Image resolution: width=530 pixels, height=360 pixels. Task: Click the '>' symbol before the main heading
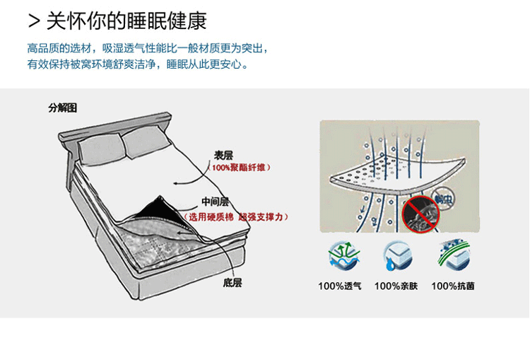click(33, 21)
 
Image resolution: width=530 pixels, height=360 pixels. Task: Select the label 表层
click(224, 156)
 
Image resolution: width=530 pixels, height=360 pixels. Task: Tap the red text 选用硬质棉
click(210, 216)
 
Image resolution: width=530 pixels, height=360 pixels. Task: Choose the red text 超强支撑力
click(263, 216)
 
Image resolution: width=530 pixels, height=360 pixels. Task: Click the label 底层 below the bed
click(232, 282)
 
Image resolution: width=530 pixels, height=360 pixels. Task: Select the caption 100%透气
click(340, 286)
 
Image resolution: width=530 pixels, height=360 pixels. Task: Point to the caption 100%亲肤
click(396, 286)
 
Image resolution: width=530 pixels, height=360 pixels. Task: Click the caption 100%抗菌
click(452, 286)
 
